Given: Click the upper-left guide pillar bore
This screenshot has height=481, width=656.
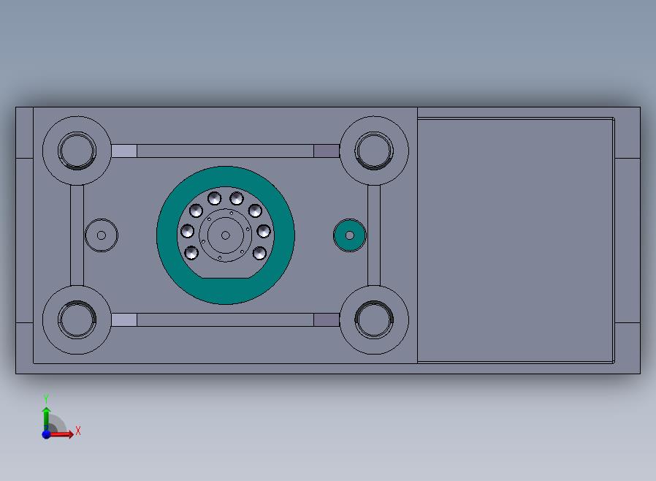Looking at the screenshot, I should click(77, 151).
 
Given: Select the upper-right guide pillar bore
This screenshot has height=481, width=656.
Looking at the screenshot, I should click(373, 151).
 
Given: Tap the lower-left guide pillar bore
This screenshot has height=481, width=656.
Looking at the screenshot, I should click(77, 320).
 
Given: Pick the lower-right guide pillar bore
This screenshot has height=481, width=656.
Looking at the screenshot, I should click(373, 320).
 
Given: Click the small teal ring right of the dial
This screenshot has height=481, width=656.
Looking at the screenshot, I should click(349, 235).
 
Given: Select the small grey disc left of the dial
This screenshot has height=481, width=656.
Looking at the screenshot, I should click(102, 235).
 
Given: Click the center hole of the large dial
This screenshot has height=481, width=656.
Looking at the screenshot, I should click(226, 235).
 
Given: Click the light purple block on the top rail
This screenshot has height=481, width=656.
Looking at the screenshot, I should click(124, 151).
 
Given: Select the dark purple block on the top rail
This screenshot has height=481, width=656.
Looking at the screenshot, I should click(327, 151).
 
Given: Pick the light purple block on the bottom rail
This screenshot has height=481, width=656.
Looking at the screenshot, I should click(124, 320).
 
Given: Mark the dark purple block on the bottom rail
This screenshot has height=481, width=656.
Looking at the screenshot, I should click(327, 320).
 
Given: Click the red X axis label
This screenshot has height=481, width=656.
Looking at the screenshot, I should click(77, 431).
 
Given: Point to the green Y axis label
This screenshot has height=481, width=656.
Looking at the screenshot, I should click(46, 398).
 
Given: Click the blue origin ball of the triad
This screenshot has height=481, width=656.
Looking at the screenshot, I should click(46, 434).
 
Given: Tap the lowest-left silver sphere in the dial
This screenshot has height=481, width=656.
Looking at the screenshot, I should click(191, 253).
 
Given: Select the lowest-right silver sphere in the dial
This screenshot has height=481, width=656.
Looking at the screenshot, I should click(259, 253).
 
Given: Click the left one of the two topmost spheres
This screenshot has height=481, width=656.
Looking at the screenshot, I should click(214, 198).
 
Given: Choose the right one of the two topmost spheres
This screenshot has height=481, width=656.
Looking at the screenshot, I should click(237, 198).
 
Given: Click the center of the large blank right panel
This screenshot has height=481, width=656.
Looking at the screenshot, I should click(515, 240).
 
